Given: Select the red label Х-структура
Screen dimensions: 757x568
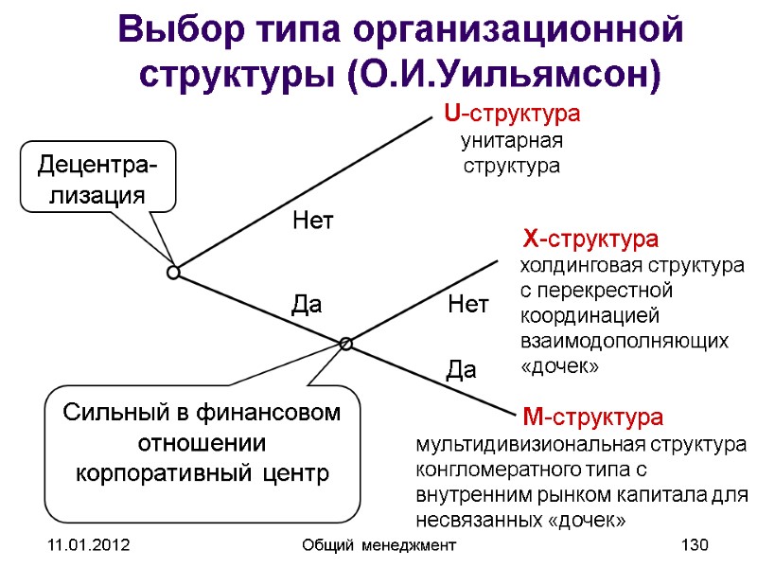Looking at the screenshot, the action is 591,237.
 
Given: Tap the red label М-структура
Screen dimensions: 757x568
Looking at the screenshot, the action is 593,417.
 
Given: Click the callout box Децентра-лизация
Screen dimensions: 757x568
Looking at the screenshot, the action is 97,181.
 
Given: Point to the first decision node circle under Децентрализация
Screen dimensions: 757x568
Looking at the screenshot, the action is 174,273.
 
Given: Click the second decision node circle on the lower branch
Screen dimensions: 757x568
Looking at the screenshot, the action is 346,344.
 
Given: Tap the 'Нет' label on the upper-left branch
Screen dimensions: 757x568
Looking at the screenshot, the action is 314,222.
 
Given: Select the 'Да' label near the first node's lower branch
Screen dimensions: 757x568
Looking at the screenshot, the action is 306,305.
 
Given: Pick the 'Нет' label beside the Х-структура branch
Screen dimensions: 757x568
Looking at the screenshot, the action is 467,305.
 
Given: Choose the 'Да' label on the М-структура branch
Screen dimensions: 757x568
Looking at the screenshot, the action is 461,372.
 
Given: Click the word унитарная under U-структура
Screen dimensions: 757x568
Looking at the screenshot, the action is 511,142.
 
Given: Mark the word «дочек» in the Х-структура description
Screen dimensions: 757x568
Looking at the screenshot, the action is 559,365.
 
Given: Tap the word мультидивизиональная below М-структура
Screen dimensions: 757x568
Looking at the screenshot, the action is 515,444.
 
